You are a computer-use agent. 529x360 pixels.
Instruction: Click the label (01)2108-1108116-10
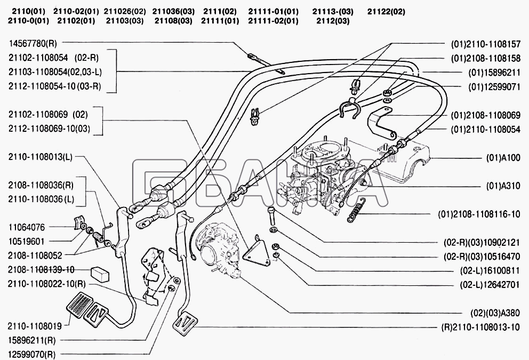click(478, 215)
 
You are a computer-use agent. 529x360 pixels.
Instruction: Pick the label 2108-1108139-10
click(41, 269)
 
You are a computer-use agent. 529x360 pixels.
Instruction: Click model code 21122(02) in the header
click(386, 11)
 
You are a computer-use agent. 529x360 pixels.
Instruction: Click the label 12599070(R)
click(32, 354)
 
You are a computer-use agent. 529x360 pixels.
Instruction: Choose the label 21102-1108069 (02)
click(47, 114)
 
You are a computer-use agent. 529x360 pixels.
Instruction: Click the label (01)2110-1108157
click(485, 44)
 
